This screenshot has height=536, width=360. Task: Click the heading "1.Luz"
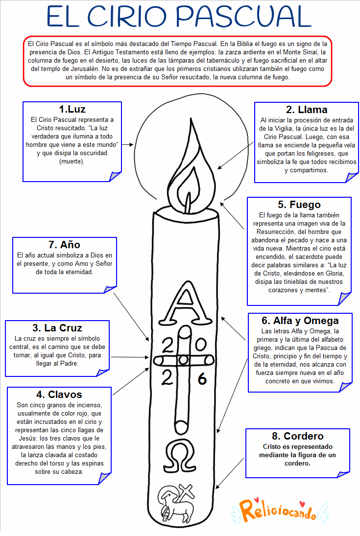pyautogui.click(x=72, y=109)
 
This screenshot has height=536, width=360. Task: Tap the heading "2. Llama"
pyautogui.click(x=307, y=109)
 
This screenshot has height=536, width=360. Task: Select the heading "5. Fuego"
pyautogui.click(x=299, y=205)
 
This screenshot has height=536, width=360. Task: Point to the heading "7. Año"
pyautogui.click(x=64, y=244)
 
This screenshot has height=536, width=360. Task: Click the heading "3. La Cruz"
pyautogui.click(x=57, y=327)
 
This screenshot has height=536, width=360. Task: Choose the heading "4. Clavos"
pyautogui.click(x=59, y=394)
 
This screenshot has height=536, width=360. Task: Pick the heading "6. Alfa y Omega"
pyautogui.click(x=300, y=321)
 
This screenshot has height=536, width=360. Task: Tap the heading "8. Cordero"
pyautogui.click(x=297, y=436)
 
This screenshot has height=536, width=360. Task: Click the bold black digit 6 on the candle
pyautogui.click(x=202, y=379)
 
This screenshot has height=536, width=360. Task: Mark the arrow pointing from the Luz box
pyautogui.click(x=128, y=145)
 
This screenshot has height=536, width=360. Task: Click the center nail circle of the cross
pyautogui.click(x=183, y=361)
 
